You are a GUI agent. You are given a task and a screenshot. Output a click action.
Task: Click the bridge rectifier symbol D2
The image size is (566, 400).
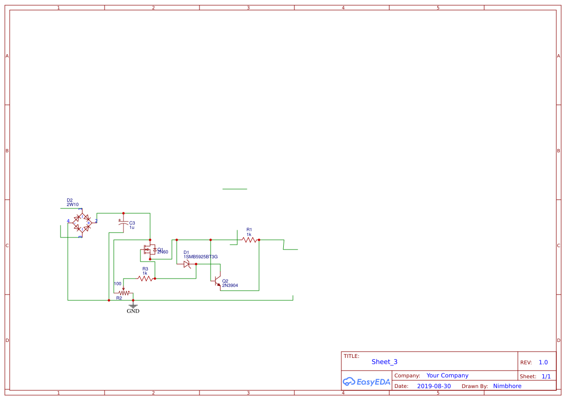[81, 222]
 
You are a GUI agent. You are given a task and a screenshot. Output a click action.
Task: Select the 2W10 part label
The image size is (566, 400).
[73, 205]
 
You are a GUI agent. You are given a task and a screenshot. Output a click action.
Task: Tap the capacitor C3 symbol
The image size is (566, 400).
[123, 223]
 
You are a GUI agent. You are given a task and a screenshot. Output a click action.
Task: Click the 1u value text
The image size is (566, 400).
[132, 227]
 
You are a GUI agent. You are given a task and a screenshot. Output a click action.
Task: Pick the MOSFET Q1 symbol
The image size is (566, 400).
[149, 250]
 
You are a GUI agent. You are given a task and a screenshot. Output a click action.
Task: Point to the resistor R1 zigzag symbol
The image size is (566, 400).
[249, 239]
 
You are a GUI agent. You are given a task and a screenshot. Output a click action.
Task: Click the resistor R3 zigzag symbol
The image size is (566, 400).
[145, 279]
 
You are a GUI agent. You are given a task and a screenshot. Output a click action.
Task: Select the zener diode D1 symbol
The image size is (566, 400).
[188, 264]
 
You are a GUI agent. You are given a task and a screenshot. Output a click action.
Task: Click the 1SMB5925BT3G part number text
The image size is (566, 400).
[200, 257]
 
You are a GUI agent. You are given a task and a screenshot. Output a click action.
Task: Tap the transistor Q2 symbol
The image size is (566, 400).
[216, 281]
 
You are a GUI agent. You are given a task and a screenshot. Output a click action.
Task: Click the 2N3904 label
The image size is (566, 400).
[230, 285]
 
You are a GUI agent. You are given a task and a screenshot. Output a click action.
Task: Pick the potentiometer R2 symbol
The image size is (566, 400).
[124, 293]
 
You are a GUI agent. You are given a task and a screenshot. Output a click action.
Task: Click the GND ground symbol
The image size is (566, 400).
[133, 307]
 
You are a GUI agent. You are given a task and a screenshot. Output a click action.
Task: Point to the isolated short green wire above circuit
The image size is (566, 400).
[235, 189]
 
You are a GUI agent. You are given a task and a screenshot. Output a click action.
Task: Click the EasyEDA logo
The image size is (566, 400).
[366, 382]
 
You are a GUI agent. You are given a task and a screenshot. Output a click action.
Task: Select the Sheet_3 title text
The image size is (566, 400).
[384, 362]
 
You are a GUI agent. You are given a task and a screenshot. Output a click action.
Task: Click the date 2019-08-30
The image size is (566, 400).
[434, 386]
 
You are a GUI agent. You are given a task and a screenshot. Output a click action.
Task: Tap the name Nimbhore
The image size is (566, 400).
[507, 386]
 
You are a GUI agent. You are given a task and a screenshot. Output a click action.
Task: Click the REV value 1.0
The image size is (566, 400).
[543, 362]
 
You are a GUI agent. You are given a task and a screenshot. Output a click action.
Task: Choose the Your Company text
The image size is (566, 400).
[447, 375]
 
